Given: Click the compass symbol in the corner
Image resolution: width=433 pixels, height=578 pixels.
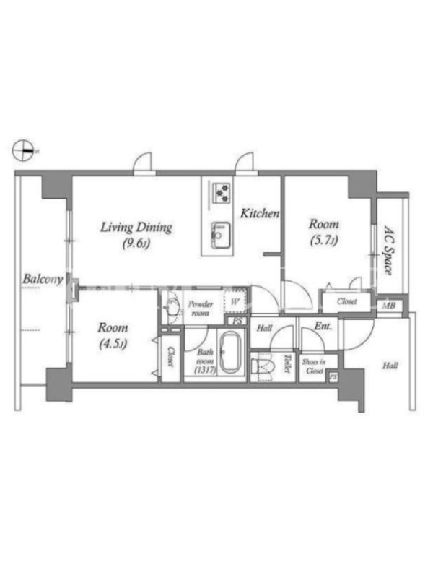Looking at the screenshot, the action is click(23, 150).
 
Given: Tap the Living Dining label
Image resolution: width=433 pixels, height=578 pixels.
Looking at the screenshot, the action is click(136, 227).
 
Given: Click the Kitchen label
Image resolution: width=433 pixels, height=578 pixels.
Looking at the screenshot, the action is click(260, 213).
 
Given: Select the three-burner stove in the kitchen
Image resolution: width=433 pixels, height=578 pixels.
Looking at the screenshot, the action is click(221, 193).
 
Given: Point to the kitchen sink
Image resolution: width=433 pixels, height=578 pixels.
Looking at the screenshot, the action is click(221, 236).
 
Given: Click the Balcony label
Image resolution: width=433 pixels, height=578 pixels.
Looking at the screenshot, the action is click(43, 279).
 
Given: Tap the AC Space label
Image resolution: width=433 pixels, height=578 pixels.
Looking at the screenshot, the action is click(388, 250).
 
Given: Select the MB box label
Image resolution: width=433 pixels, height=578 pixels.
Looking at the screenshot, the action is click(389, 306).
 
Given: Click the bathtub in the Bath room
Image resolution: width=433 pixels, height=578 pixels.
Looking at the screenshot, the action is click(230, 353).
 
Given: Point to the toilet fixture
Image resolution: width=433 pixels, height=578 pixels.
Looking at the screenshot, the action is click(263, 367).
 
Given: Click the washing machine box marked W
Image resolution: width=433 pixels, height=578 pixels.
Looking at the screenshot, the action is click(235, 302).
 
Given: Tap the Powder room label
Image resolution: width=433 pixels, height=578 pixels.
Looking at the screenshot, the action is click(201, 309).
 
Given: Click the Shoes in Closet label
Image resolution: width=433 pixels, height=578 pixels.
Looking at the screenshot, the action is click(314, 366).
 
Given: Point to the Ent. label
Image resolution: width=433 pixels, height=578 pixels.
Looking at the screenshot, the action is click(323, 327).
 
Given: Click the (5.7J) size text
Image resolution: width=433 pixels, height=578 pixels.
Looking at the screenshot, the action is click(324, 241).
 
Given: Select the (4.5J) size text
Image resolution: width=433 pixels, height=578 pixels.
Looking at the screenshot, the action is click(113, 344).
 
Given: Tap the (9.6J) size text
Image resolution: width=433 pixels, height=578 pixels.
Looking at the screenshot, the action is click(136, 243).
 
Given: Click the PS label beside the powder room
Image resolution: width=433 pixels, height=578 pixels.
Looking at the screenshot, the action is click(237, 321).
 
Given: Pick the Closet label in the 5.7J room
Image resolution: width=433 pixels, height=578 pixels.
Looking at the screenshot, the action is click(347, 301).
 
